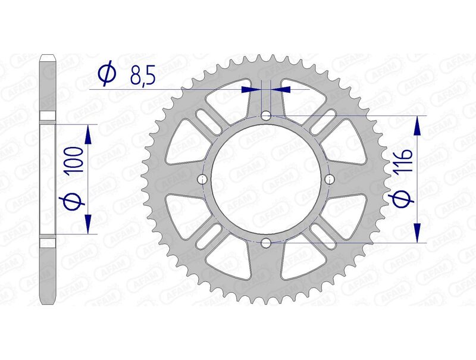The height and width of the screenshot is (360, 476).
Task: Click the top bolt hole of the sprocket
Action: coord(266,115)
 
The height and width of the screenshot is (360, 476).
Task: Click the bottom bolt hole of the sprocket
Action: coord(266,243)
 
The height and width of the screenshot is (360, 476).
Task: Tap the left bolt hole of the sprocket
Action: coord(202,179)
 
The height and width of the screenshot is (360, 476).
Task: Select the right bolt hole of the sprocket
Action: coord(330,179)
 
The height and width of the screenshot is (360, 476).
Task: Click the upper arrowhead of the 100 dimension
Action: coord(88,134)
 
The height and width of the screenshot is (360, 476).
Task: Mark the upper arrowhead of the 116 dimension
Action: coord(418,126)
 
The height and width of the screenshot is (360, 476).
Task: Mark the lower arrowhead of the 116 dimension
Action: coord(418,233)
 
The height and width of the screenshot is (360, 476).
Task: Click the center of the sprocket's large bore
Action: coord(266,179)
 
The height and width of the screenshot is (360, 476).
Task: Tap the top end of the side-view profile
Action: coord(48,58)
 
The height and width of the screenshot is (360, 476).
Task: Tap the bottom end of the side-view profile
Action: coord(48,302)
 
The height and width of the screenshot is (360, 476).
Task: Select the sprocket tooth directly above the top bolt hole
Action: coord(266,54)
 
